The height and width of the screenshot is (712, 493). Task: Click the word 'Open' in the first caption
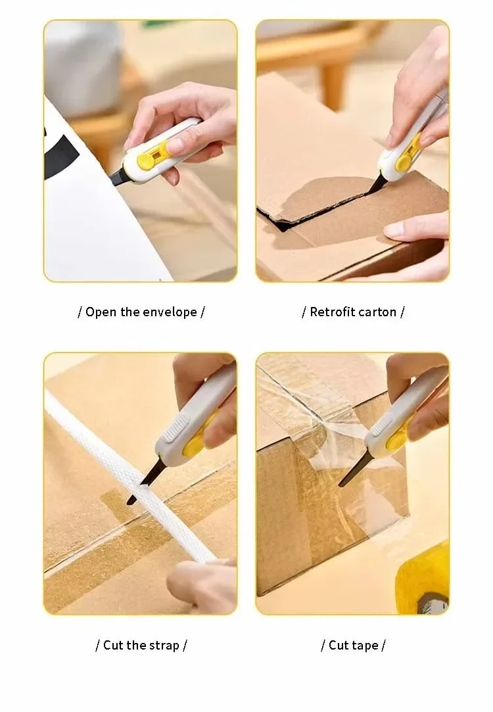click(x=101, y=312)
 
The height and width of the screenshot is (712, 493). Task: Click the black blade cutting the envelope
click(x=118, y=177)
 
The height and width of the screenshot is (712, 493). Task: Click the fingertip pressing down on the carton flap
click(x=395, y=229)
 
